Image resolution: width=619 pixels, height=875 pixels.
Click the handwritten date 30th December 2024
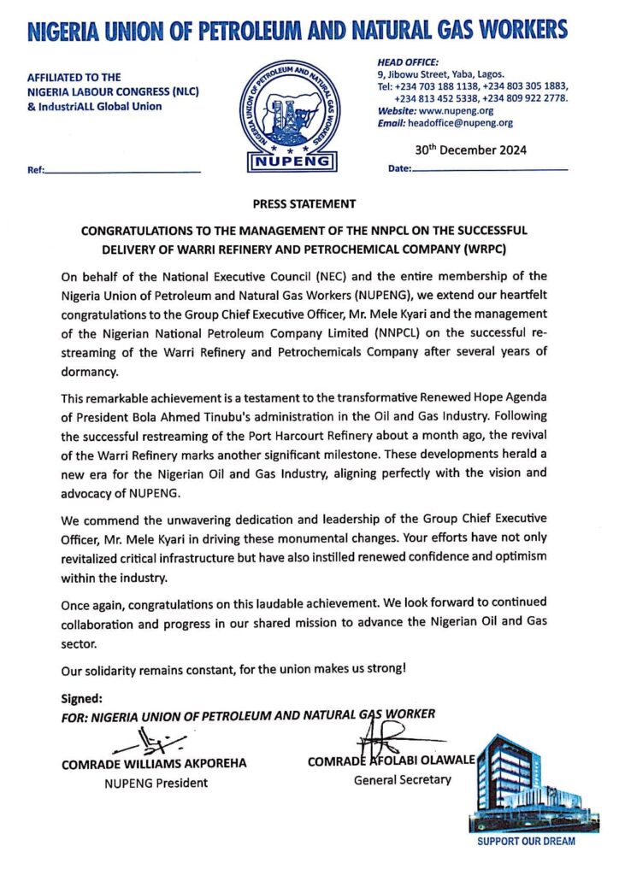(x=470, y=150)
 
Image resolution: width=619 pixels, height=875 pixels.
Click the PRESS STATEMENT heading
(x=304, y=204)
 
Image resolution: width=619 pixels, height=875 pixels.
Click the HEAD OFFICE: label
(x=408, y=62)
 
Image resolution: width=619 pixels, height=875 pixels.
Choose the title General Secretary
(x=402, y=779)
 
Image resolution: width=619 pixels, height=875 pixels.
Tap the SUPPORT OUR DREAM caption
(x=526, y=842)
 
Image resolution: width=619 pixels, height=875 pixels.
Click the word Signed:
(x=82, y=698)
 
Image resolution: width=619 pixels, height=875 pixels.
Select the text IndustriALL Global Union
(x=99, y=106)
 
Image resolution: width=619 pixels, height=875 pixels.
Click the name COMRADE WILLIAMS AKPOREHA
(x=154, y=764)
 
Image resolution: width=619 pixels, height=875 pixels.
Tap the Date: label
(x=400, y=169)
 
